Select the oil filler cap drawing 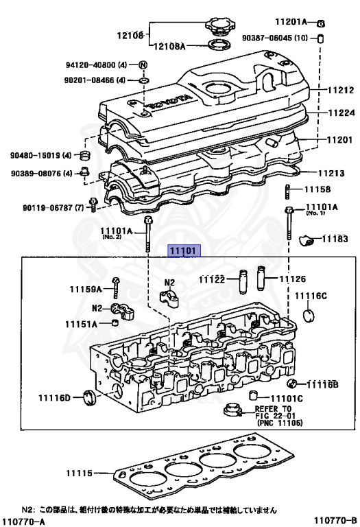219,30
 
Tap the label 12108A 168,46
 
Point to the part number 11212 339,89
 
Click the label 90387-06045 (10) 276,38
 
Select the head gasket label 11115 80,473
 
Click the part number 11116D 54,397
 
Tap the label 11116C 311,296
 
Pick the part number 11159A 85,290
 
